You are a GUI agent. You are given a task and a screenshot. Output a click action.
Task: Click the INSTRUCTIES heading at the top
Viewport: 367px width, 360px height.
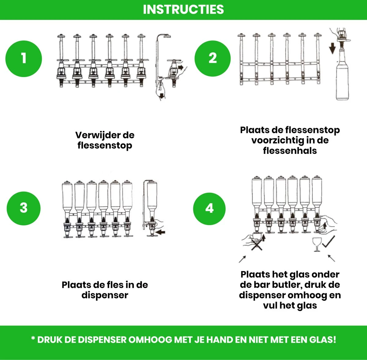tap(183, 9)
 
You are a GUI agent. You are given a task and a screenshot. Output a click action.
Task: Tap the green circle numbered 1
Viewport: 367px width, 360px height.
tap(24, 58)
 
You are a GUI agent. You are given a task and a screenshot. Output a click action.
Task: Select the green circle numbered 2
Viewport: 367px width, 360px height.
tap(213, 58)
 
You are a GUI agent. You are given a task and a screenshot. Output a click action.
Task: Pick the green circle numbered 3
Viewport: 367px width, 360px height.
tap(24, 208)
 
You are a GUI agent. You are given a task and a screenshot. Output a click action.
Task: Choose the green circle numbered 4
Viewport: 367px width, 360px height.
tap(209, 209)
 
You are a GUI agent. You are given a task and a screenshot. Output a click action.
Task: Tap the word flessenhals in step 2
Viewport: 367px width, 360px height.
tap(290, 151)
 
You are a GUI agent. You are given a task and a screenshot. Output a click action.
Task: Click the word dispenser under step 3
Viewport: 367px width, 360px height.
tap(105, 295)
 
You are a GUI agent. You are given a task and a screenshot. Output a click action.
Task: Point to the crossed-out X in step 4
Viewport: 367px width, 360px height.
tap(257, 245)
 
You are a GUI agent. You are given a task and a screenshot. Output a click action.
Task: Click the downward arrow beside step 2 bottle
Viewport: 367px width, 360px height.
tap(332, 48)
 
